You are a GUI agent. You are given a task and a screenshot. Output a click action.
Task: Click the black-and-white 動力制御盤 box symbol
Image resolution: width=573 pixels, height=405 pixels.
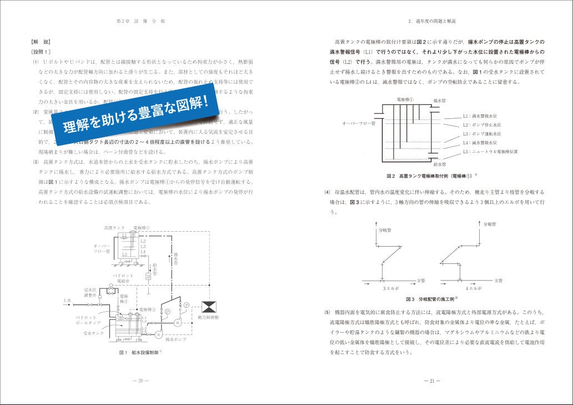210,306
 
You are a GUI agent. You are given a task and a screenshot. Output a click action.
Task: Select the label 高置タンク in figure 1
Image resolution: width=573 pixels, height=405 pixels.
113,228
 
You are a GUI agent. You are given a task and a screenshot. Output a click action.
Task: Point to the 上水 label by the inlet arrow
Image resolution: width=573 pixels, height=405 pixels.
67,300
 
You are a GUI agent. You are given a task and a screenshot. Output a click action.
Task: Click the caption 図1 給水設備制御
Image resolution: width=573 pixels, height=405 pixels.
139,352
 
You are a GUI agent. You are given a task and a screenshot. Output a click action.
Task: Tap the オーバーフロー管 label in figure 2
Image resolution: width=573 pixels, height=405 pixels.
359,123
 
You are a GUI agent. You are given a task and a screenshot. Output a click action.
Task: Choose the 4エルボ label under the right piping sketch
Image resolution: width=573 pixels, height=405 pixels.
476,289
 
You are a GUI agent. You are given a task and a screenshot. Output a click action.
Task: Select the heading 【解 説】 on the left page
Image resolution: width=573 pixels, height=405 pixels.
42,42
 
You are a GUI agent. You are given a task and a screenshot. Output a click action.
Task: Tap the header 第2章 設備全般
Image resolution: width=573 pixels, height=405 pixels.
140,21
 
